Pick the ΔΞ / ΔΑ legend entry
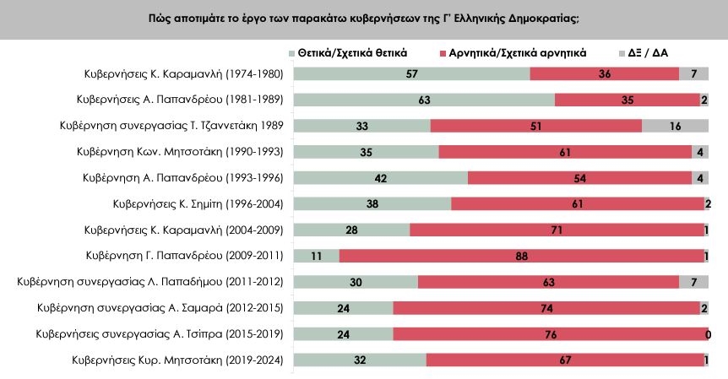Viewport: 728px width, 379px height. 649,52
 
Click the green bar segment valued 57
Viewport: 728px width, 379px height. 411,73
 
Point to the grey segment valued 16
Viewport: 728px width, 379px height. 675,126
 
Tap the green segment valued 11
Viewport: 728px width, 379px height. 316,256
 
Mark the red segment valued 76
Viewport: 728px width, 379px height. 550,334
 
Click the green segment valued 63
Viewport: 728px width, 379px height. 424,100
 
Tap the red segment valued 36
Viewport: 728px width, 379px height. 605,73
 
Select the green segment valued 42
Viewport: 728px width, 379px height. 380,178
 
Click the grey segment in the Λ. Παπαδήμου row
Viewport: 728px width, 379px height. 693,282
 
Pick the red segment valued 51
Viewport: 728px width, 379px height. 536,126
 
